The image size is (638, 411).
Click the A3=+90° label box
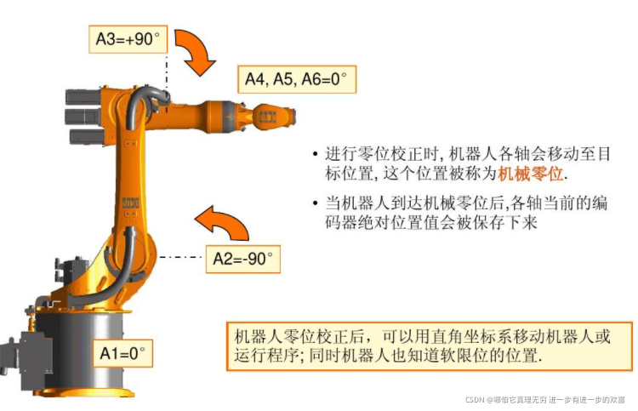[x=128, y=39]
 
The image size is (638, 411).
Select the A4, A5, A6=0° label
[x=295, y=79]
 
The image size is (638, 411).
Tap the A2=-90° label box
[x=243, y=259]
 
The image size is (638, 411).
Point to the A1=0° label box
[x=122, y=351]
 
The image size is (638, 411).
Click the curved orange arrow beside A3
[x=198, y=52]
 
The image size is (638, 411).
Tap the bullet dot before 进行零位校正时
[x=315, y=155]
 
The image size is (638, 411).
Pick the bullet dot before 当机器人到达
[x=315, y=203]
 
